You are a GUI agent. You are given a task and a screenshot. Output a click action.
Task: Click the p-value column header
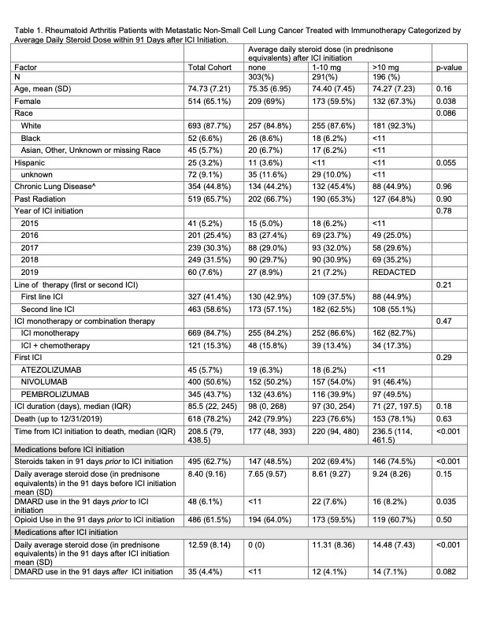(x=450, y=69)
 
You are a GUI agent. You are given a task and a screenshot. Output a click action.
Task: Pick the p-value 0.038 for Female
(x=447, y=101)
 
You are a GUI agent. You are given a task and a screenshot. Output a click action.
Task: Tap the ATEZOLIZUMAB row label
(x=50, y=367)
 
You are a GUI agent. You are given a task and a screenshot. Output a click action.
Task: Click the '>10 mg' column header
(x=380, y=69)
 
